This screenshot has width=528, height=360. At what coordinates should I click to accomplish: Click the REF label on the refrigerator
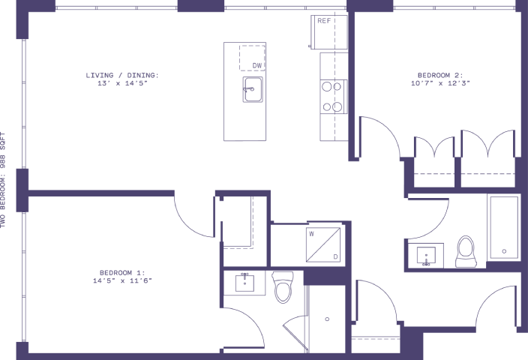click(324, 21)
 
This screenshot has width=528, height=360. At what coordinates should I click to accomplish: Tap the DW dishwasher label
click(257, 66)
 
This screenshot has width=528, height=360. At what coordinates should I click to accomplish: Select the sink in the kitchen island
click(253, 89)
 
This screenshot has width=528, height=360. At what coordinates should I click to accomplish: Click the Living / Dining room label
click(122, 76)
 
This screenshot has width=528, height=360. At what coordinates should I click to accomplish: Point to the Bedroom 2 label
click(440, 76)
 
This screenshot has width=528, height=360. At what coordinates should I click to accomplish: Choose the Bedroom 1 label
click(122, 273)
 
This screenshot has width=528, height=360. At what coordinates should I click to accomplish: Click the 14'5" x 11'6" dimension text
click(122, 280)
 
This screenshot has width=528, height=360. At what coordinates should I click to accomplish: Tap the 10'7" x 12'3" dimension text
click(440, 83)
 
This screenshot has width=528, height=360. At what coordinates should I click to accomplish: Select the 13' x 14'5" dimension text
click(122, 83)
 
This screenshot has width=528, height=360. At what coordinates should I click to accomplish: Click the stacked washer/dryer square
click(323, 244)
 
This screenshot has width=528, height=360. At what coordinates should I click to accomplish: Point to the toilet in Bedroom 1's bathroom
click(283, 287)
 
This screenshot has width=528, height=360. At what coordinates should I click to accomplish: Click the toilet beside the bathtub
click(466, 251)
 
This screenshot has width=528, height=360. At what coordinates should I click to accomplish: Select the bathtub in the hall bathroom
click(504, 228)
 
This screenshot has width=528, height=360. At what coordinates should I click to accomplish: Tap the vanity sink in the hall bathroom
click(426, 255)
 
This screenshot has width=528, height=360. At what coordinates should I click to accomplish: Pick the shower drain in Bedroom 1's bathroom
click(327, 319)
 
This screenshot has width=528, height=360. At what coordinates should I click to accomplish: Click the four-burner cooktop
click(333, 97)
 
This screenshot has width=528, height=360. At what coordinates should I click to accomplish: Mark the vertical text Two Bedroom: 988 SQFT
click(3, 180)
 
